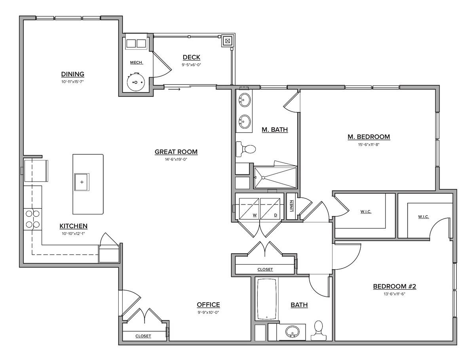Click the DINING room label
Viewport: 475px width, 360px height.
(x=72, y=74)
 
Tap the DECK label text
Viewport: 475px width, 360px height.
(x=191, y=57)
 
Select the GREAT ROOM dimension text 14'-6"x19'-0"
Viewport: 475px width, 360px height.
(x=176, y=159)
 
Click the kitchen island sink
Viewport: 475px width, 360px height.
(x=82, y=182)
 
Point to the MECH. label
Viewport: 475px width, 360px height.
(x=136, y=63)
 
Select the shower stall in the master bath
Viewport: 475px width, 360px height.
(x=275, y=178)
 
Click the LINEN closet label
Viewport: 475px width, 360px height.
(x=291, y=205)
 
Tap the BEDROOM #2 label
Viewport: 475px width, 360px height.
(x=394, y=286)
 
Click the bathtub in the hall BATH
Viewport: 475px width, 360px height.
(x=267, y=299)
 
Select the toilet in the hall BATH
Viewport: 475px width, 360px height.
(x=319, y=330)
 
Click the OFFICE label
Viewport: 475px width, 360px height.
(x=208, y=305)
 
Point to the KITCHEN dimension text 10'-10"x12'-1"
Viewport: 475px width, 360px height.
(x=73, y=233)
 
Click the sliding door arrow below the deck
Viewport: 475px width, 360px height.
(x=174, y=89)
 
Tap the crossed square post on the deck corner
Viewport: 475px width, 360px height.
(x=228, y=40)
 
